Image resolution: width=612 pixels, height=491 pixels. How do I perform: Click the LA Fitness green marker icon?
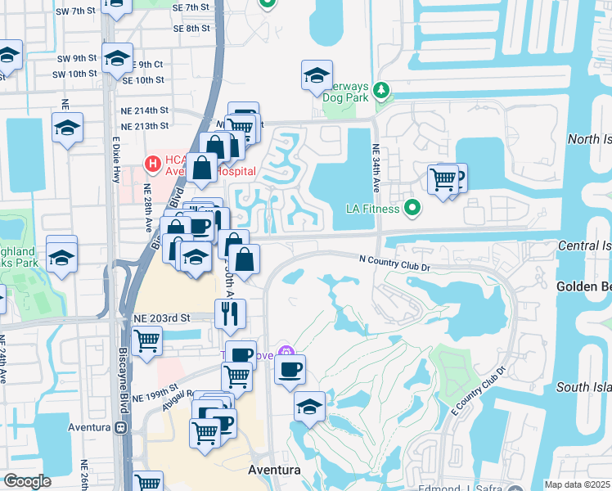pos(413,209)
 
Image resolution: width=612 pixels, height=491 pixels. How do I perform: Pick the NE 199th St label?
pos(163,390)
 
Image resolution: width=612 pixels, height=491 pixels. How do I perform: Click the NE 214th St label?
pos(144,110)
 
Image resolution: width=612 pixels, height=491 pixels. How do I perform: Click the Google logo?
pos(27,481)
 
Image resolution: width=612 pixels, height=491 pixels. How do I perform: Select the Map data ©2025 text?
pos(577,484)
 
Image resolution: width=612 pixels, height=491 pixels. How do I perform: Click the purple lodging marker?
pos(286,353)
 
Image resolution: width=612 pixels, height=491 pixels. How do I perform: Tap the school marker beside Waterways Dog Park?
pos(317,76)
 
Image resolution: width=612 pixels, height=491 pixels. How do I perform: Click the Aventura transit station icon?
pos(121,428)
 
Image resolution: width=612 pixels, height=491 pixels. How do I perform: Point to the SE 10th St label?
pos(143,80)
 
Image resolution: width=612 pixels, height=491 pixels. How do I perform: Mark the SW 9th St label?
pos(74,59)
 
